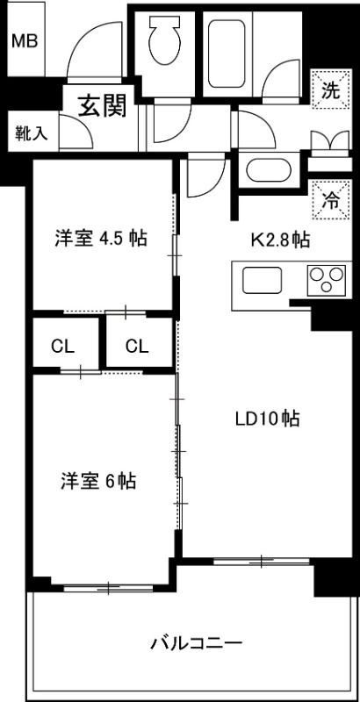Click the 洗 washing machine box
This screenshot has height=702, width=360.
tap(329, 89)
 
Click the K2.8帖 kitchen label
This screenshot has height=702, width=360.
tap(279, 239)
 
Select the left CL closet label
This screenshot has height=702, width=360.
tap(61, 346)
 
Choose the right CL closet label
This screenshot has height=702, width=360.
tap(135, 346)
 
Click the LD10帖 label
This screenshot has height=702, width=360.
tap(267, 419)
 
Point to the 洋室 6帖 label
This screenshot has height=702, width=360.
tap(97, 481)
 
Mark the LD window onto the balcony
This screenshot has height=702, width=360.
tap(261, 561)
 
